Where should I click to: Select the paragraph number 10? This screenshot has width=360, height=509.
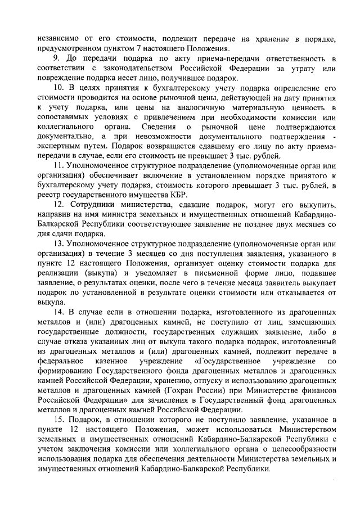coord(58,89)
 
